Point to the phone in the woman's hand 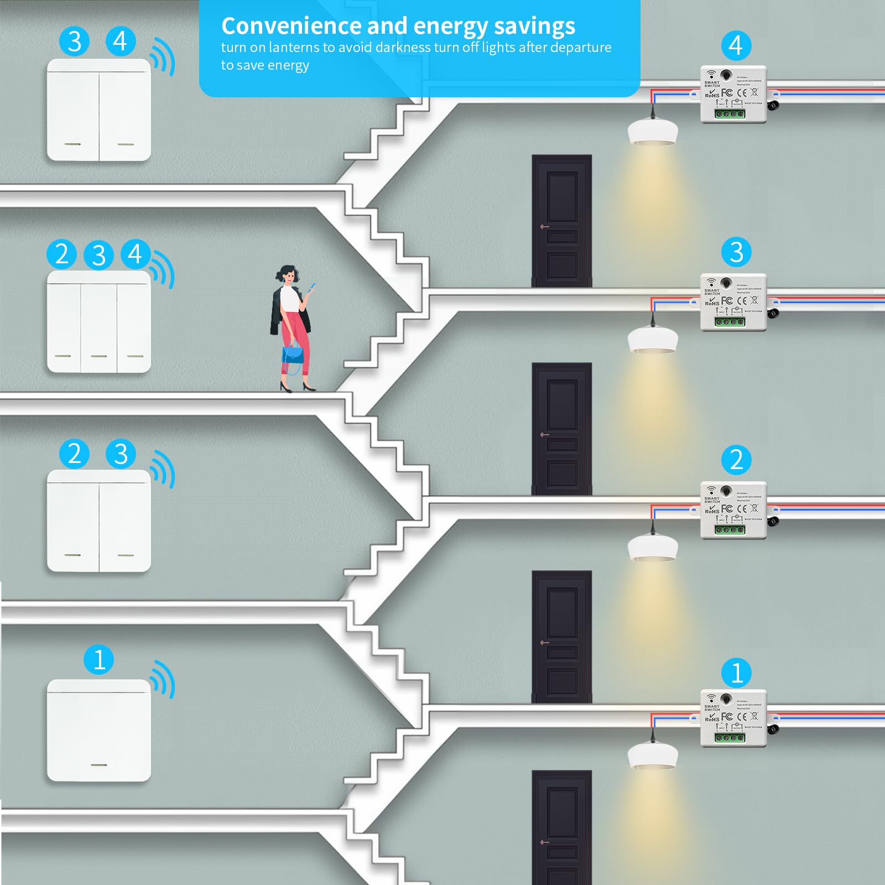point(311,288)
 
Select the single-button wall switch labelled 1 point(99,730)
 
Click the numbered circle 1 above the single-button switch point(99,660)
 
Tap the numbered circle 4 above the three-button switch point(136,254)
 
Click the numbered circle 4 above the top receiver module point(736,45)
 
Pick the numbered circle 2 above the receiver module point(736,460)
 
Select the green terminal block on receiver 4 point(730,114)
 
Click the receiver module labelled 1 point(733,718)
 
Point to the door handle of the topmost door point(544,227)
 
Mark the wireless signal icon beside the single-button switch point(163,679)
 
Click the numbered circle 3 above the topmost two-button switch point(75,41)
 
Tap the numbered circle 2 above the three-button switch point(62,254)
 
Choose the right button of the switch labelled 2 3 point(125,521)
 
